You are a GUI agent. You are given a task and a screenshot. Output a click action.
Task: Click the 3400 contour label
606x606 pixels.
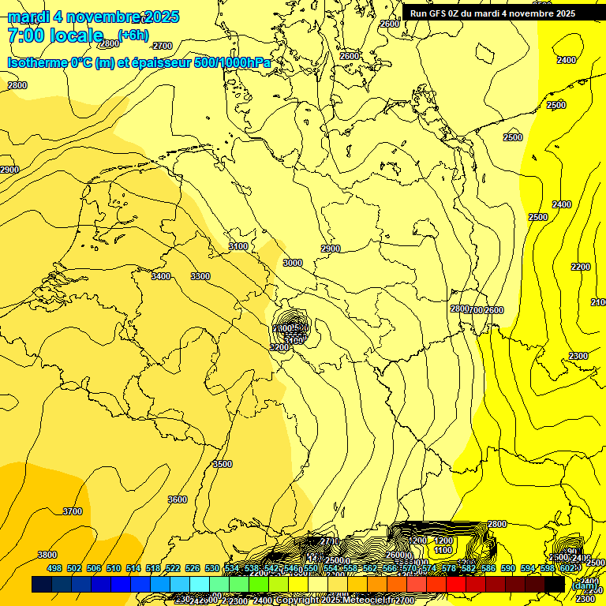click(x=161, y=276)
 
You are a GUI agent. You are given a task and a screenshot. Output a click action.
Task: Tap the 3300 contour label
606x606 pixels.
click(x=200, y=276)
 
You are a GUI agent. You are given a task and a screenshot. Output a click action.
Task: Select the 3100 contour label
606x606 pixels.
click(x=238, y=247)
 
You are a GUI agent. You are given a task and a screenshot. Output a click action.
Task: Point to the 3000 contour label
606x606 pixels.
click(x=293, y=263)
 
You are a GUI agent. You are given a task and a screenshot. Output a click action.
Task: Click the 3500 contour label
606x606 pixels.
click(x=223, y=464)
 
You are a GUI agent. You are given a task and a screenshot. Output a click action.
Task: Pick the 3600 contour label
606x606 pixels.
click(x=178, y=499)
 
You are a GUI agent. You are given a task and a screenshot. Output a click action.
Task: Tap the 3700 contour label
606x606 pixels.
click(x=72, y=511)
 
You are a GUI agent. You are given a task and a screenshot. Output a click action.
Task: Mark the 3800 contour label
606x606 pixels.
click(x=47, y=555)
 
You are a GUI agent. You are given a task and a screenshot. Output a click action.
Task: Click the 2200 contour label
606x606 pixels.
click(x=580, y=267)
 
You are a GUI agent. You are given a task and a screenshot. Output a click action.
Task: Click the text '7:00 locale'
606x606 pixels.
click(x=55, y=35)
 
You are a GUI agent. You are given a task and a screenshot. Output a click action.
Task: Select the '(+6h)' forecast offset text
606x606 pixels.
click(x=133, y=34)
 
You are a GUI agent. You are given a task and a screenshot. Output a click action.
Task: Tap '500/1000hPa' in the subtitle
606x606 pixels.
click(x=237, y=62)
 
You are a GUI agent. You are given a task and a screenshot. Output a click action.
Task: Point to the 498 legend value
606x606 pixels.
click(x=54, y=568)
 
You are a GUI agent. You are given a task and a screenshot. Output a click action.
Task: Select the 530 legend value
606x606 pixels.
click(x=212, y=568)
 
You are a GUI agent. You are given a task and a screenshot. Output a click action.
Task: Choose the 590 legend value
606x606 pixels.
click(x=508, y=568)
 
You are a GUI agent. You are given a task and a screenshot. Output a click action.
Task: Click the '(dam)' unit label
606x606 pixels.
click(x=584, y=585)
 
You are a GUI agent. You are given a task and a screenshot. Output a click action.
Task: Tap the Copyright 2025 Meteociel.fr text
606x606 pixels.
click(x=331, y=600)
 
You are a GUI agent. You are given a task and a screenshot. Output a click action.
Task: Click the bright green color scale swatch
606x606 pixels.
click(x=259, y=584)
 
